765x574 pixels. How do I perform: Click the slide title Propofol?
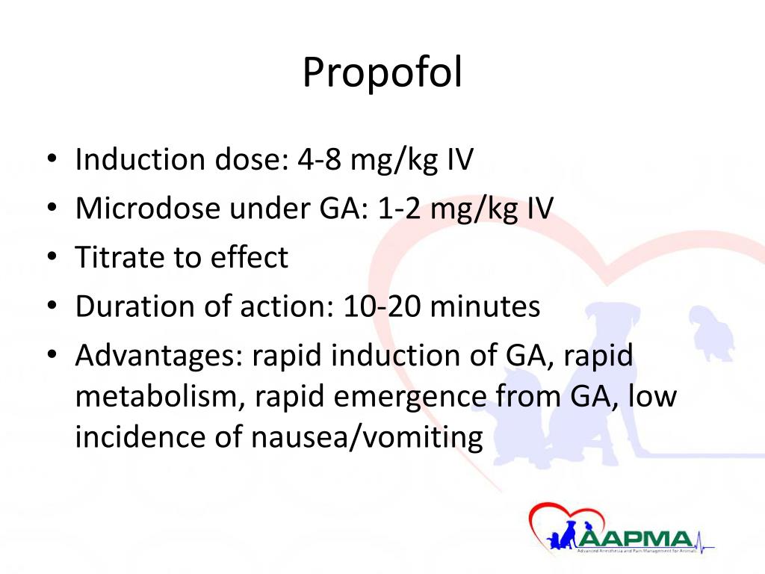[x=382, y=74]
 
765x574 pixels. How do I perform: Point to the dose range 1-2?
[x=398, y=209]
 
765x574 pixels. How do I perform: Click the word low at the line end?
[x=651, y=397]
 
